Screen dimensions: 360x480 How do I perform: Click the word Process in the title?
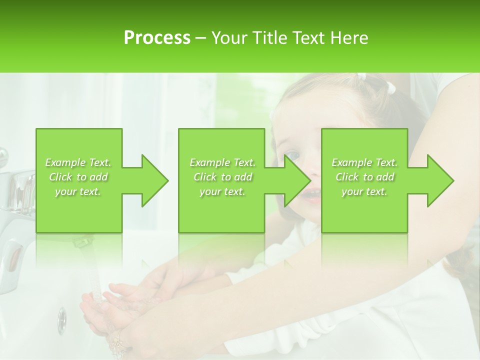pos(157,38)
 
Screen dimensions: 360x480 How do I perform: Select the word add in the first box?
pos(99,177)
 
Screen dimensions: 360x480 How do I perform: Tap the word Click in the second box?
pos(205,177)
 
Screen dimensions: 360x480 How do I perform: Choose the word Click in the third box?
pos(347,177)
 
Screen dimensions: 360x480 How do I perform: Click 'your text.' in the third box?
pos(364,191)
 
